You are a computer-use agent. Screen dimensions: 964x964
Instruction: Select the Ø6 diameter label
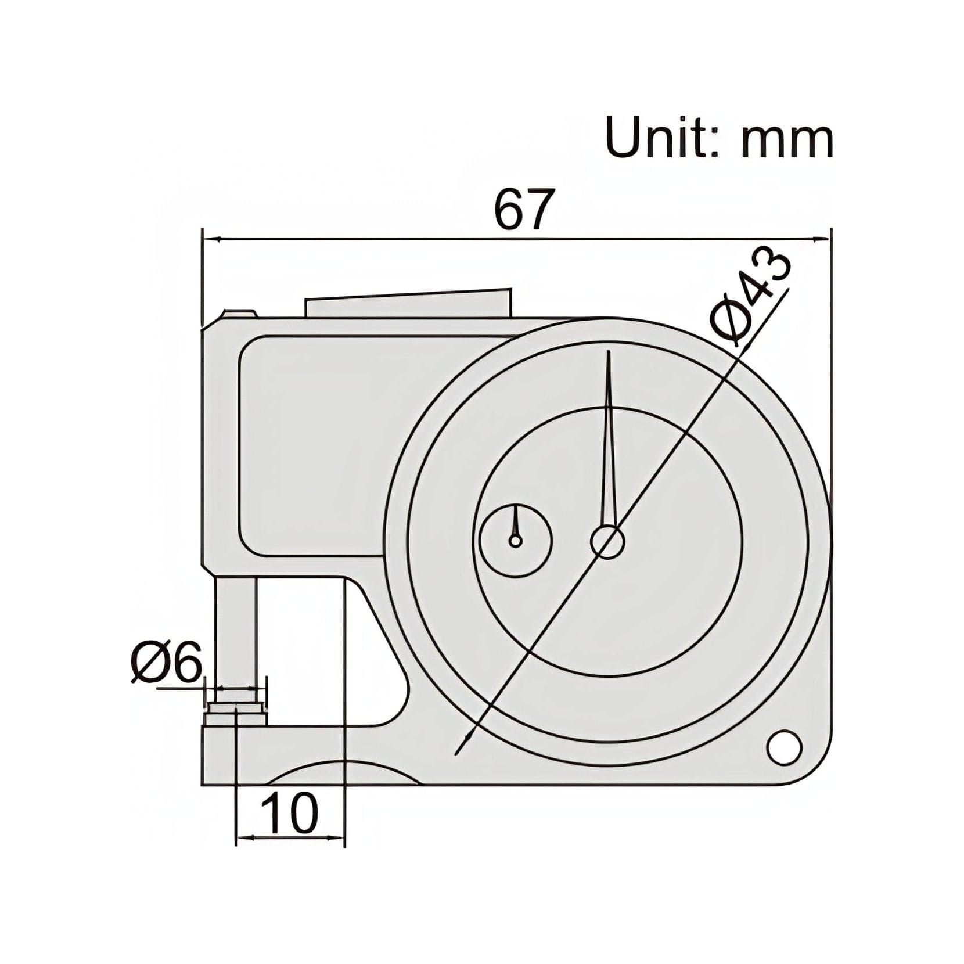pos(166,663)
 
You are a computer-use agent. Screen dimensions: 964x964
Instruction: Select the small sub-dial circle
pos(515,540)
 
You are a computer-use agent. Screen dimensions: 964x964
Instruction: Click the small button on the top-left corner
pos(238,314)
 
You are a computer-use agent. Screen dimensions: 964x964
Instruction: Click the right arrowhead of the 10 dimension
pos(337,837)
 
